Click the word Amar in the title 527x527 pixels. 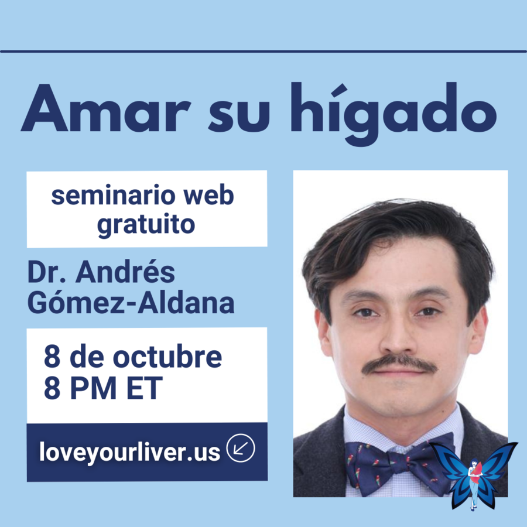pos(105,108)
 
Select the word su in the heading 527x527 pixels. pos(239,115)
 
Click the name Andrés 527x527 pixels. pos(125,272)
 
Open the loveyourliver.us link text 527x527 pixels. pos(129,451)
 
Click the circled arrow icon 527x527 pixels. pos(241,448)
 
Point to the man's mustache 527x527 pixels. pos(399,364)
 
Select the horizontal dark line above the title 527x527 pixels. pos(263,52)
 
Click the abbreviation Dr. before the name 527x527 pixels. pos(46,272)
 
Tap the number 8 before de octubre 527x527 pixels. pos(52,357)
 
